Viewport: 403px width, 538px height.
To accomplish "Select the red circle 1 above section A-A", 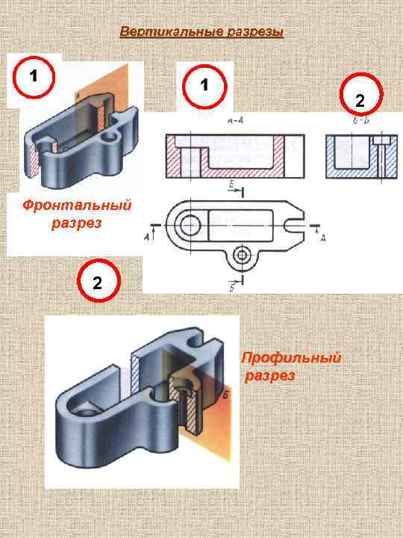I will pyautogui.click(x=204, y=84).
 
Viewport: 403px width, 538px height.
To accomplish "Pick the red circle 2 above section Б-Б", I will pyautogui.click(x=360, y=99).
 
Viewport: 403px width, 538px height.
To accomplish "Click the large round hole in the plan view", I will pyautogui.click(x=188, y=223).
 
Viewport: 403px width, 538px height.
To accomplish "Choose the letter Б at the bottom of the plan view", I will pyautogui.click(x=234, y=288).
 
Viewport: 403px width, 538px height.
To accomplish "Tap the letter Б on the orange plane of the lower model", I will pyautogui.click(x=225, y=397).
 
